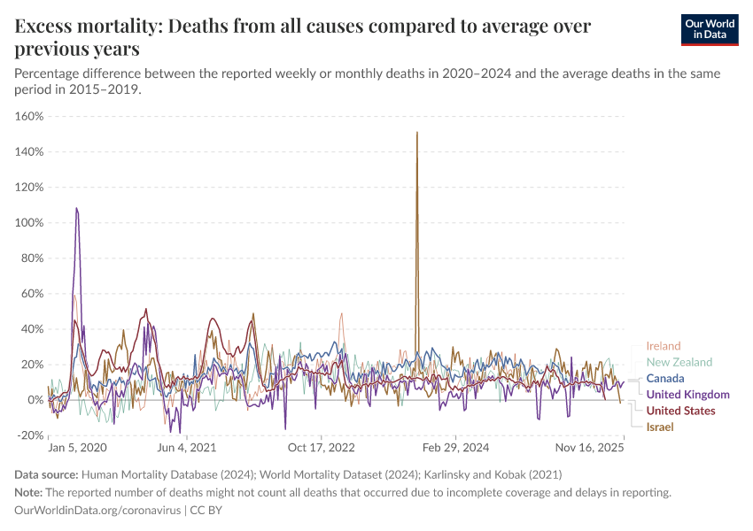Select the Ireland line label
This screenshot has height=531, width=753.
[663, 346]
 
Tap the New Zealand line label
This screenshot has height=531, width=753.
[679, 362]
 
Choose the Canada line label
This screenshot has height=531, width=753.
[664, 378]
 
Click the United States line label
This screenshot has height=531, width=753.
[680, 411]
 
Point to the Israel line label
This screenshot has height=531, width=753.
[659, 427]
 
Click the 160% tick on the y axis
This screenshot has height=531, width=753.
[30, 116]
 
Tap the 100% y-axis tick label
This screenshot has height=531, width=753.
[30, 222]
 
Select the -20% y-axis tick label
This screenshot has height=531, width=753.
[30, 435]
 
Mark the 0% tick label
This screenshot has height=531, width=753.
[36, 400]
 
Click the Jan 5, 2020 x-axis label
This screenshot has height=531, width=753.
[77, 449]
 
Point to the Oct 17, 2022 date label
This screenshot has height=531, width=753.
[321, 449]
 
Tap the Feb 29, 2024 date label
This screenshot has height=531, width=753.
[455, 449]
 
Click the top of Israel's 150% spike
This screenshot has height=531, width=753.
[416, 132]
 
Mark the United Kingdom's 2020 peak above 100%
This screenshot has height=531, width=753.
[77, 208]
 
